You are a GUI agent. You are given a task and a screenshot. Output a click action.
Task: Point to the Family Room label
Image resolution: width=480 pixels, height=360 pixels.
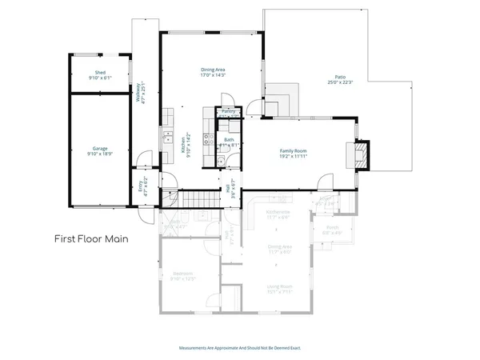pos(294,153)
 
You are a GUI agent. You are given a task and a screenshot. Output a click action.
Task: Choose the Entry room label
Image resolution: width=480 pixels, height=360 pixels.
pos(144,187)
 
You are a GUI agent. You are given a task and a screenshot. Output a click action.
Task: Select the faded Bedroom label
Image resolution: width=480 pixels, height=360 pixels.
pos(183,276)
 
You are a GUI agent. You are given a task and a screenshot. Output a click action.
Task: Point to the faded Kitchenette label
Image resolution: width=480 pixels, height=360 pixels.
pos(278,214)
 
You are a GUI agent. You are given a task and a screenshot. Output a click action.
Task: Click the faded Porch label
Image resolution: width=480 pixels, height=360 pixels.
pos(332,230)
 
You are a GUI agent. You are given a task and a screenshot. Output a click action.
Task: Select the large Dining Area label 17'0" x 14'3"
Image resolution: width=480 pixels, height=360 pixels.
pos(213,72)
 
